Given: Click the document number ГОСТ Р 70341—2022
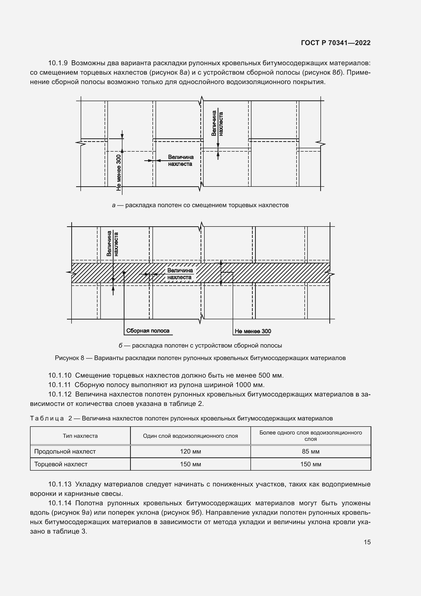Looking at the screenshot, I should [x=336, y=43].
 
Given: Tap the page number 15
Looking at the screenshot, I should [x=367, y=542].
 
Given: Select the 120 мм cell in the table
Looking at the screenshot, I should [x=190, y=452].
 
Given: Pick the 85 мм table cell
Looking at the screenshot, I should [x=310, y=452].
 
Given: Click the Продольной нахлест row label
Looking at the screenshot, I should [x=65, y=452].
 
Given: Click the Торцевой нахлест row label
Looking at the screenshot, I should [x=61, y=464].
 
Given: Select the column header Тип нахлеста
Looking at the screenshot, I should [x=80, y=436].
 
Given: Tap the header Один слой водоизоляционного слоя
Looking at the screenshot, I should [x=190, y=436].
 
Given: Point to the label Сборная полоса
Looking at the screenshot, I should [x=148, y=331].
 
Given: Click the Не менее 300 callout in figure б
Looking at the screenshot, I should [x=253, y=331].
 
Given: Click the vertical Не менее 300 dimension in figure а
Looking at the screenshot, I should [x=119, y=173].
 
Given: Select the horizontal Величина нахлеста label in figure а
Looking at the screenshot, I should [x=180, y=161].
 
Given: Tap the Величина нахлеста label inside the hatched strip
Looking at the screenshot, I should [x=180, y=274].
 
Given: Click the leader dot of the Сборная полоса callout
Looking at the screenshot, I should [x=124, y=273].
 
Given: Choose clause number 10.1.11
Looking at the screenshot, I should [x=59, y=385].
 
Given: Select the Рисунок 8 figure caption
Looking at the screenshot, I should [x=200, y=358].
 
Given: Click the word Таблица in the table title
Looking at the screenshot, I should [x=47, y=418].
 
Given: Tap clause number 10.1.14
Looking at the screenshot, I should [x=60, y=503].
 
